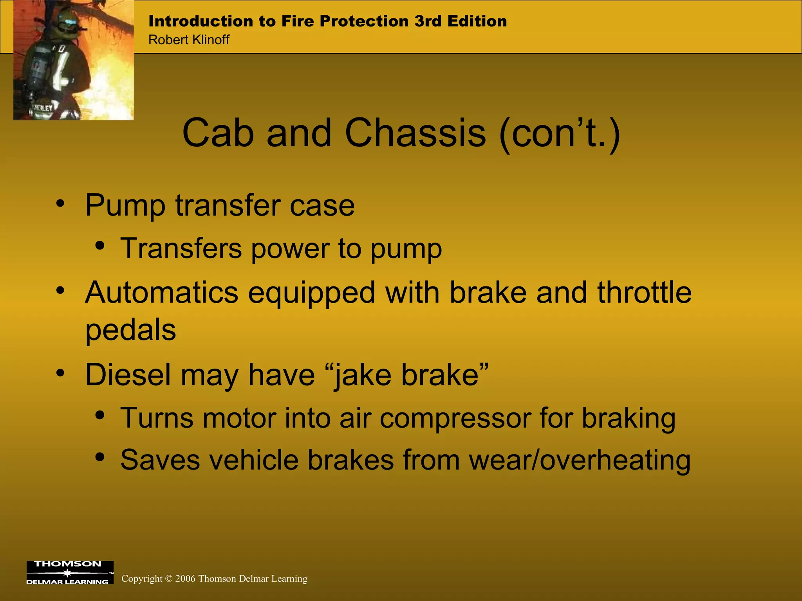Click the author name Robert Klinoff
(189, 40)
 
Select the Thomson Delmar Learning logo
(70, 572)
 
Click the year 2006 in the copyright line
(185, 579)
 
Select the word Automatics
(161, 293)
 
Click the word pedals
(130, 329)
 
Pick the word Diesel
(128, 375)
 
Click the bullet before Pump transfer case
(60, 204)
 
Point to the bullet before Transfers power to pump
(100, 246)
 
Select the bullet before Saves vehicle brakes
(100, 457)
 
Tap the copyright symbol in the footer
(169, 579)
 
